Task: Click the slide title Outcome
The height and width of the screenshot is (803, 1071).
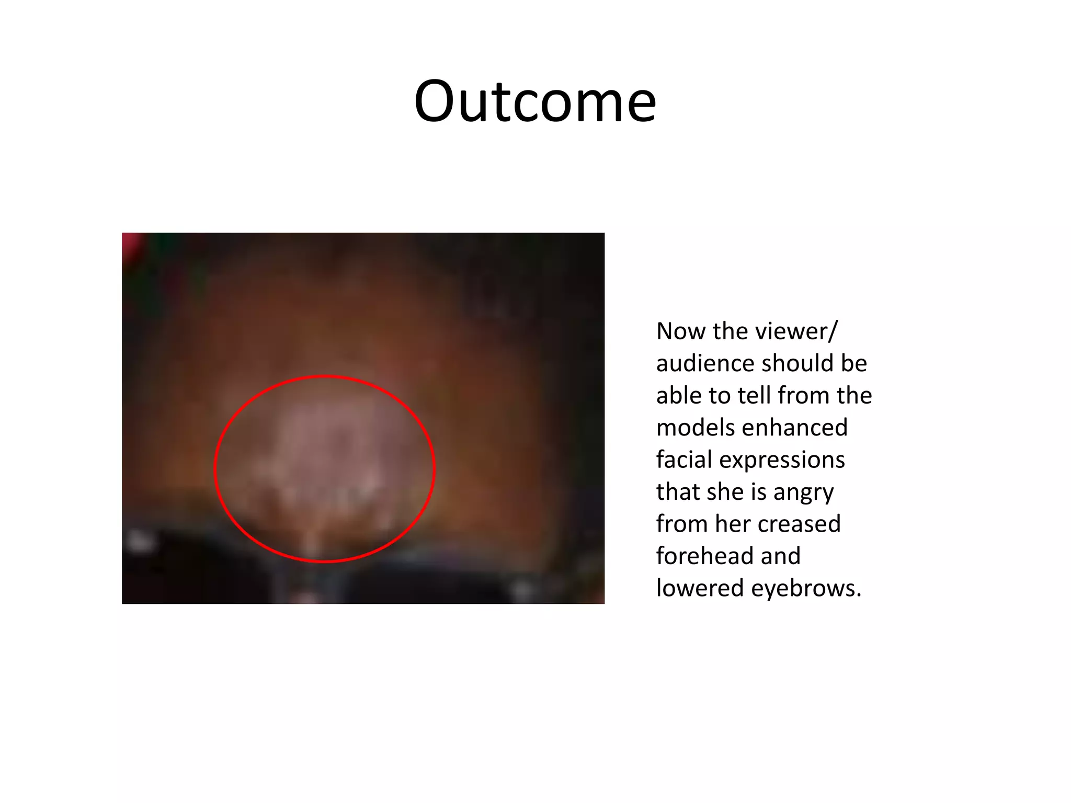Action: (x=534, y=101)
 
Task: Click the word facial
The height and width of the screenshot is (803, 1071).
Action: (x=683, y=460)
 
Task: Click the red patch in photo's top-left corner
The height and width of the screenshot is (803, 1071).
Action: (x=130, y=244)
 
